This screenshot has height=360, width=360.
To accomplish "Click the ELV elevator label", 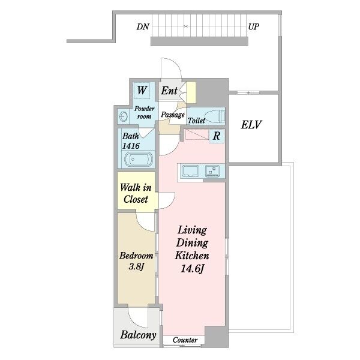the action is (x=251, y=125).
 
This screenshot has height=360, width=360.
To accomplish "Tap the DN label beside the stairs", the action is (x=143, y=27).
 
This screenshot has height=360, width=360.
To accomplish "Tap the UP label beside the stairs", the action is (x=254, y=27).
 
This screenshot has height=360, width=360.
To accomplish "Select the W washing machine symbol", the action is (x=142, y=91).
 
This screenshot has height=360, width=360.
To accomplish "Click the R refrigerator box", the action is (x=216, y=136).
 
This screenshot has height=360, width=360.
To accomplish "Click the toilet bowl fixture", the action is (x=215, y=116).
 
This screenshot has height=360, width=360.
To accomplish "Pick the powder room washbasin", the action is (x=124, y=116).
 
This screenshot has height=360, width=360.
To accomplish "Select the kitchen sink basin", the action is (x=190, y=171).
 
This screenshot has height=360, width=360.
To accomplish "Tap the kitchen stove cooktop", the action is (x=212, y=171).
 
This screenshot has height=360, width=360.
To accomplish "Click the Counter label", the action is (x=185, y=340).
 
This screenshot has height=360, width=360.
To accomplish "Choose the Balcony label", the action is (x=138, y=335).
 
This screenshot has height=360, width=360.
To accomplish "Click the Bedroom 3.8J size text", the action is (x=136, y=266).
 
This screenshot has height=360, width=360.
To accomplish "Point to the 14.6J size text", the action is (x=192, y=268).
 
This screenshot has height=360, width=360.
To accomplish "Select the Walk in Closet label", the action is (x=136, y=193).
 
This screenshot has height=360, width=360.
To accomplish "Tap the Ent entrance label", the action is (x=169, y=91).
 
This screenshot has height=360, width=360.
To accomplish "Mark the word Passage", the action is (x=173, y=115).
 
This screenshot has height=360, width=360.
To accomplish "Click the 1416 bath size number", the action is (x=131, y=146).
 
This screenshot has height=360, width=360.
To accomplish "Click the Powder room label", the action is (x=144, y=112).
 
